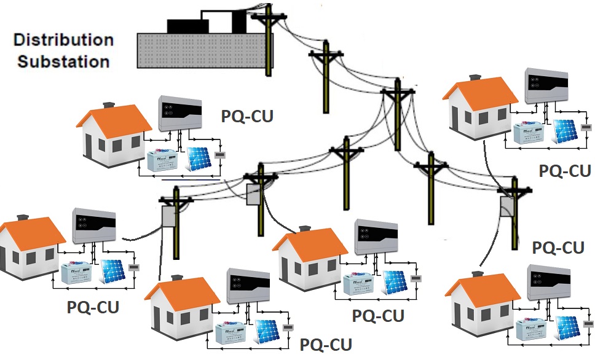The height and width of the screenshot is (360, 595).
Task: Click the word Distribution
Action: pos(63,41)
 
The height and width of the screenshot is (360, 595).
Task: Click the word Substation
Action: pos(63,61)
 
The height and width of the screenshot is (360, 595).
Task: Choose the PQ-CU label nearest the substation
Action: pos(247,116)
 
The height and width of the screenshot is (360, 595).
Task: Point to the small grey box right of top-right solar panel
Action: pos(586,128)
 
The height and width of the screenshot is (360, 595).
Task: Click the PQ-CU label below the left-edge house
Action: pos(93,305)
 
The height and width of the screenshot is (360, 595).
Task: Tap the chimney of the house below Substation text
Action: pos(109,105)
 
